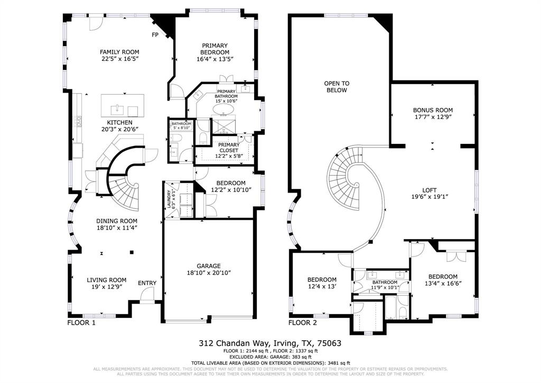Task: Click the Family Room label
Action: coord(119,52)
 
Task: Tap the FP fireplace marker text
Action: coord(155,35)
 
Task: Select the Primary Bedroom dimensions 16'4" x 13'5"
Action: coord(214,59)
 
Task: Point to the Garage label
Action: coord(208,266)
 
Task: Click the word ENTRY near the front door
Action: coord(147,283)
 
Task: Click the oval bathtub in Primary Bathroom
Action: coord(225,110)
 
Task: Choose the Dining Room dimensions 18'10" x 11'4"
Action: coord(116,228)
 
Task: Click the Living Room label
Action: coord(106,280)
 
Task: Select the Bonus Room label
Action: coord(433,110)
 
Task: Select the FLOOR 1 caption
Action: coord(81,322)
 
